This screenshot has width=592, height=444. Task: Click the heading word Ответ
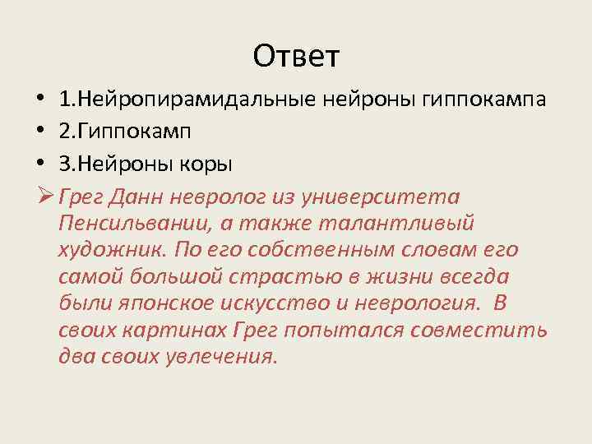pos(296,56)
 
